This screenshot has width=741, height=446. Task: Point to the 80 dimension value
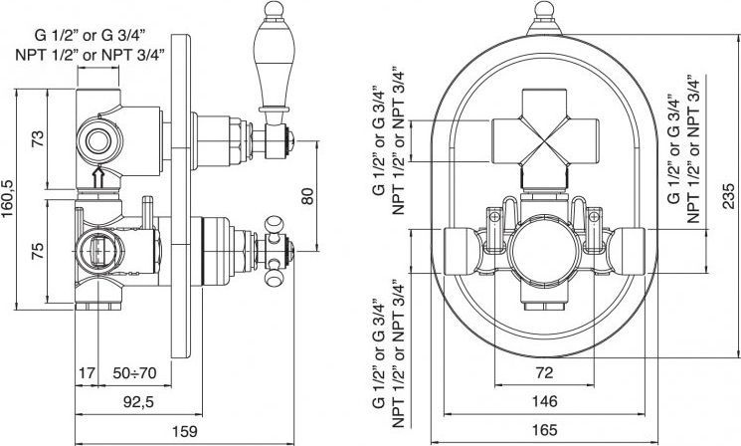pos(308,197)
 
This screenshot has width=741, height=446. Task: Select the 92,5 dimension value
pos(125,403)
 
